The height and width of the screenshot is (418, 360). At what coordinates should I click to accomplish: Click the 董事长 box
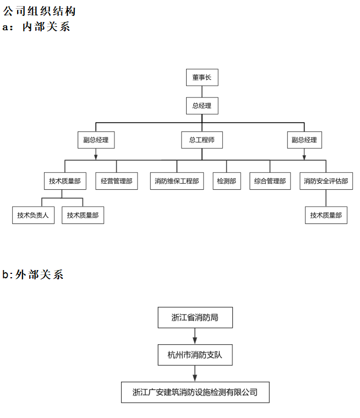(202, 78)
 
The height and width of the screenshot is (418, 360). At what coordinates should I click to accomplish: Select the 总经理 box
(202, 106)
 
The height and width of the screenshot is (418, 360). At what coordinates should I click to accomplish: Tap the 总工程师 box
(202, 140)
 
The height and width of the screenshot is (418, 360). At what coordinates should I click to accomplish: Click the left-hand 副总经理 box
(96, 140)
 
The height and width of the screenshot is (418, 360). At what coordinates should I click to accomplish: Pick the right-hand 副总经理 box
(304, 140)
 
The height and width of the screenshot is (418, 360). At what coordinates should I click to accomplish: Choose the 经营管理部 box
(117, 181)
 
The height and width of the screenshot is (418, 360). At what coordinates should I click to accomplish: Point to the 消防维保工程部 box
(177, 181)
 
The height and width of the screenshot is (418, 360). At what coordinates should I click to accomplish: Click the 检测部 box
(227, 181)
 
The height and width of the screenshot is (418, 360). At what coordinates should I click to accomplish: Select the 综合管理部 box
(270, 181)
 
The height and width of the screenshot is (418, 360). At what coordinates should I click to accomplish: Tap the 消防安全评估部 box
(326, 181)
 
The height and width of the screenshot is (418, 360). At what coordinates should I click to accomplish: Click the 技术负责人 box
(33, 215)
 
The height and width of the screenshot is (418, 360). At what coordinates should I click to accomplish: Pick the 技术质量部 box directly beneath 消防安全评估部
(326, 215)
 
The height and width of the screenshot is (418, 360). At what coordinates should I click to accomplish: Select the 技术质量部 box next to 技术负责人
(83, 215)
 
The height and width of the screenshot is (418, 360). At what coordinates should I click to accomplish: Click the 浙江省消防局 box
(195, 317)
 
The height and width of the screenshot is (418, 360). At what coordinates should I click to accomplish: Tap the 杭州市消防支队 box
(195, 355)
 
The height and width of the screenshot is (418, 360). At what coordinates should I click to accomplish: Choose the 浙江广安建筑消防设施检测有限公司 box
(195, 392)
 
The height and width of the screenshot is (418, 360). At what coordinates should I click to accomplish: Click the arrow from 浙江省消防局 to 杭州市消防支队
(195, 336)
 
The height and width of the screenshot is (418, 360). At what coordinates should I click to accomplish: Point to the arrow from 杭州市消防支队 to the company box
(195, 373)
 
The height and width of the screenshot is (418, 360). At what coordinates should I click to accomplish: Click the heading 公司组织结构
(39, 11)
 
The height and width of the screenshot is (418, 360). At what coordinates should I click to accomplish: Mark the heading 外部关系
(39, 274)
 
